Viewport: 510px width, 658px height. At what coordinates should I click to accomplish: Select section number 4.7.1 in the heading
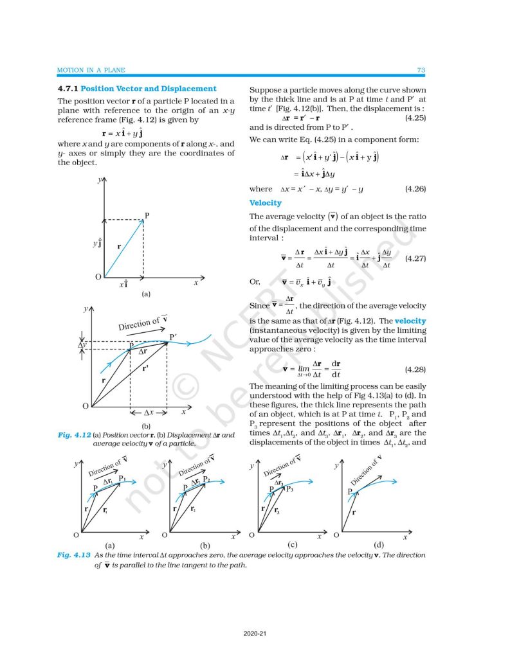point(68,89)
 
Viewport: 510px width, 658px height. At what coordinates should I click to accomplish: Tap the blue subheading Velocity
point(265,203)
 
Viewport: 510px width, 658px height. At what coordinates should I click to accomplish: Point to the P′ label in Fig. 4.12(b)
point(174,337)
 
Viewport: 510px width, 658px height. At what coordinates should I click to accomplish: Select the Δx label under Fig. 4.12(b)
point(149,411)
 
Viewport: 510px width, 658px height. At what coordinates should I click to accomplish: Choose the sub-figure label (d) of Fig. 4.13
point(378,544)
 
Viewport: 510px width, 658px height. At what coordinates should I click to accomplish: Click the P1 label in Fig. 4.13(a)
point(122,479)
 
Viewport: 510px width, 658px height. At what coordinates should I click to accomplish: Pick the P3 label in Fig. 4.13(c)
point(290,490)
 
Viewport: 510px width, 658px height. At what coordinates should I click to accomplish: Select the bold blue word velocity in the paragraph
point(410,320)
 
